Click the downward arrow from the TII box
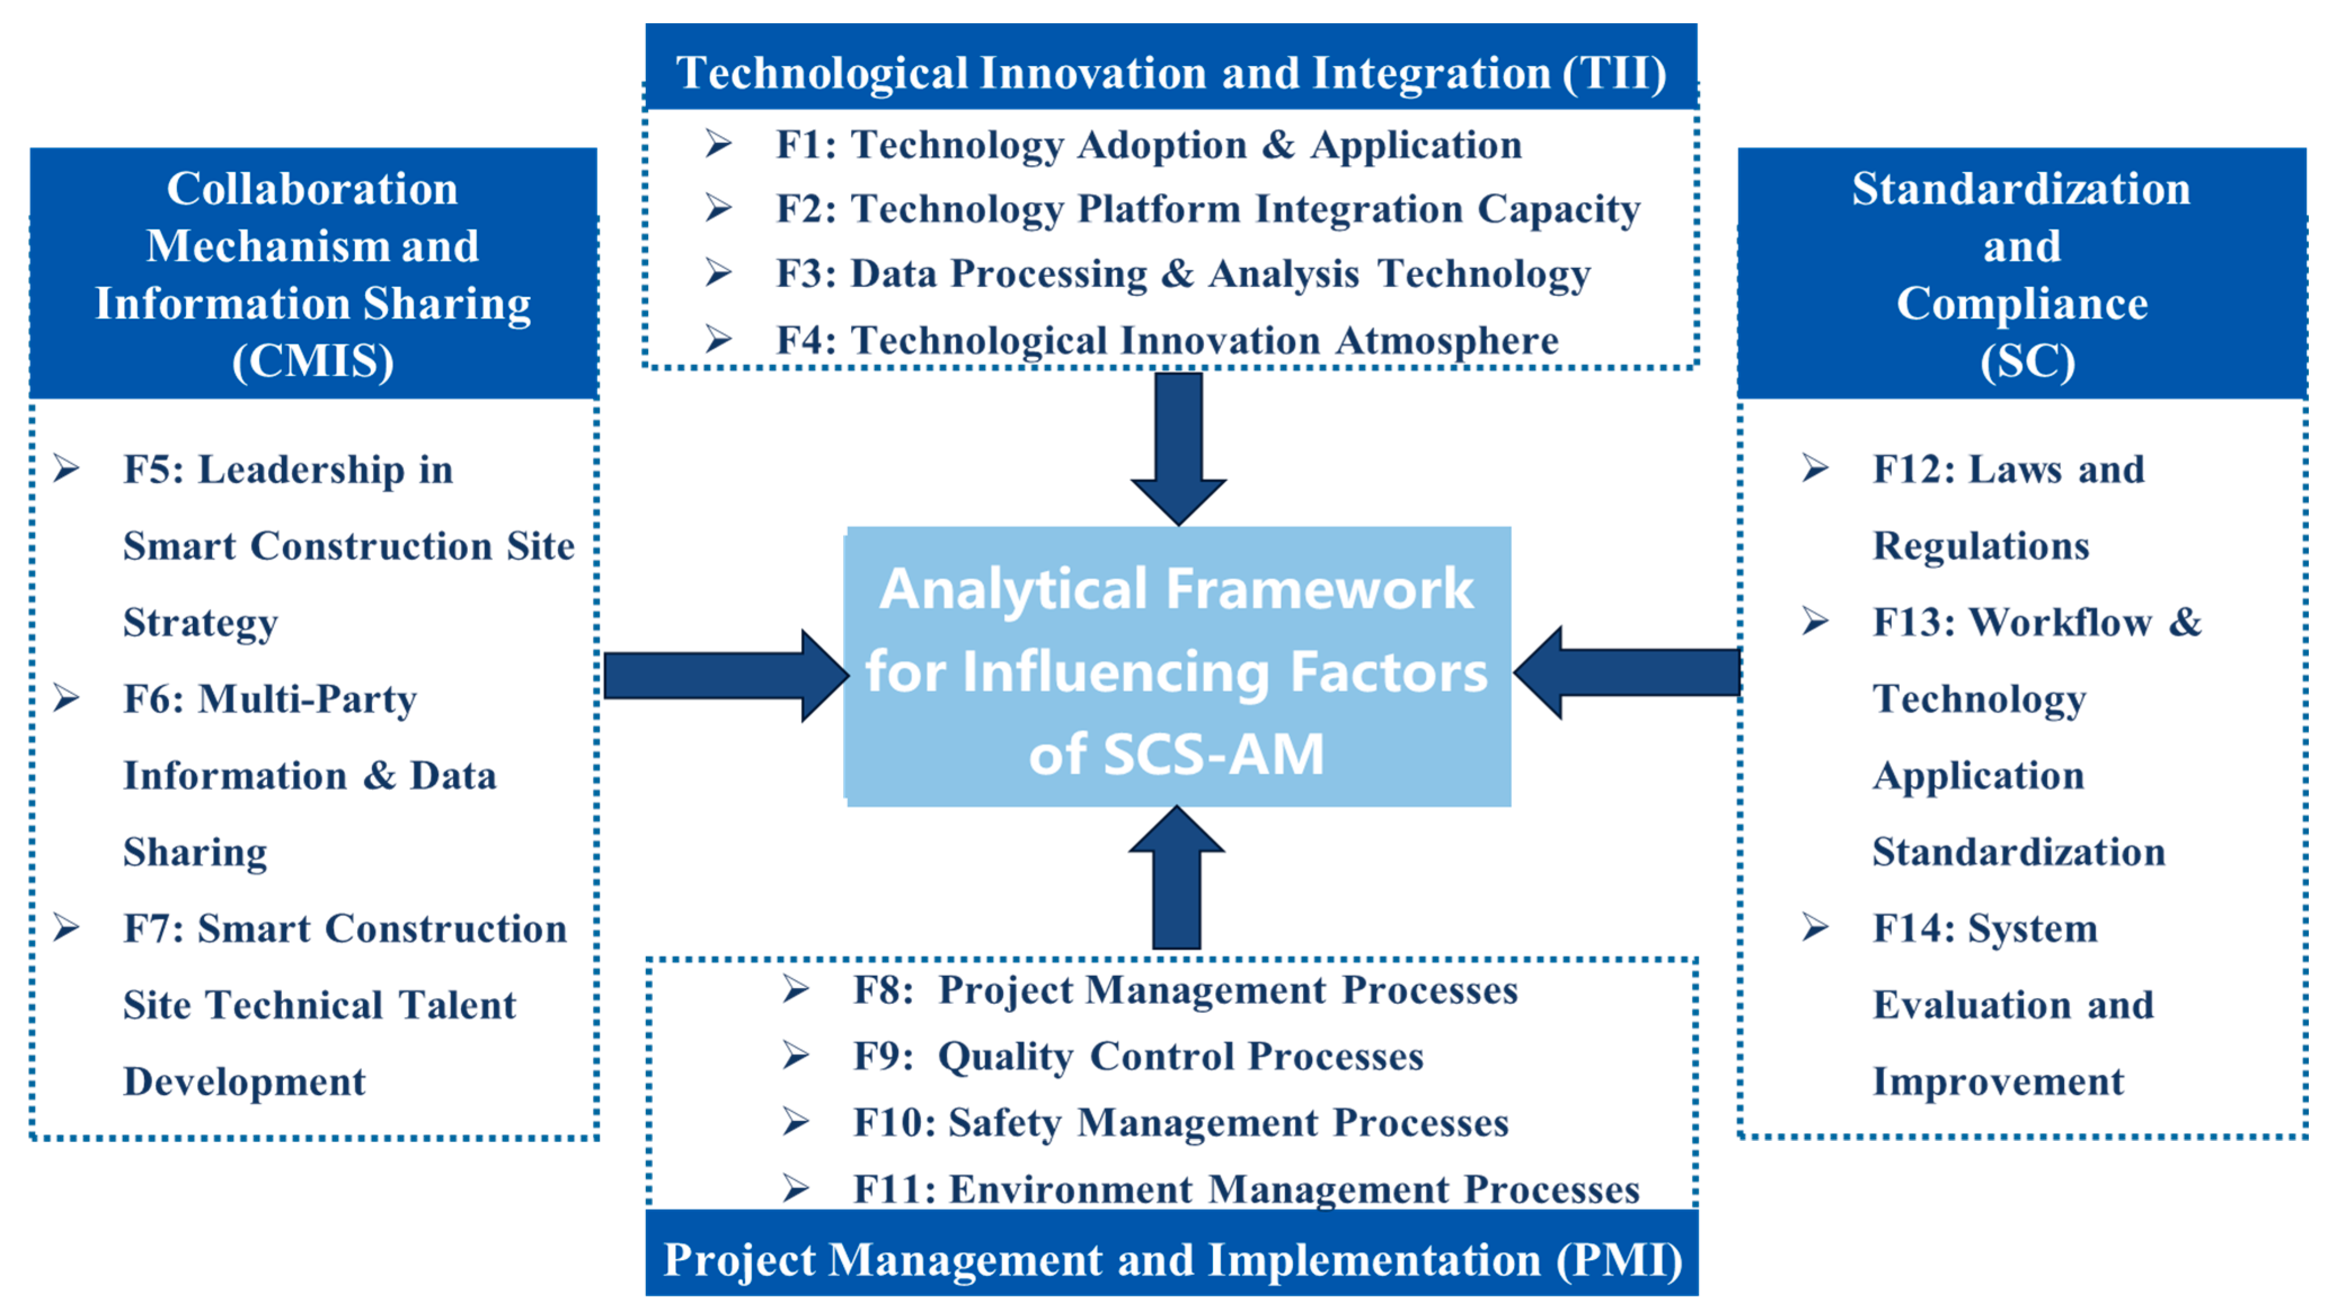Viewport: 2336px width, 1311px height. [1178, 449]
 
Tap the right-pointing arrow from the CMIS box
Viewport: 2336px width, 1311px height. [725, 676]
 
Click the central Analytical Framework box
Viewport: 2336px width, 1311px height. [1178, 666]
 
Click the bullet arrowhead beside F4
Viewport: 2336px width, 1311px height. [719, 339]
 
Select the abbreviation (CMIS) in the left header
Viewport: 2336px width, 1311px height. [313, 361]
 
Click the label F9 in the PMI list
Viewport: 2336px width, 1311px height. [883, 1056]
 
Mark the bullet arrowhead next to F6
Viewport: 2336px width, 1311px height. [66, 698]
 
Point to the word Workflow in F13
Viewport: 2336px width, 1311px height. [2059, 622]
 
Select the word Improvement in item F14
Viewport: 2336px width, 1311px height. [1998, 1082]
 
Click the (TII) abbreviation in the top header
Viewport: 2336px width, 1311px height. [1614, 73]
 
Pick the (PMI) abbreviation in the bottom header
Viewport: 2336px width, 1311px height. [1620, 1260]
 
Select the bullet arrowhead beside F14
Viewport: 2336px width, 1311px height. [1815, 927]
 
